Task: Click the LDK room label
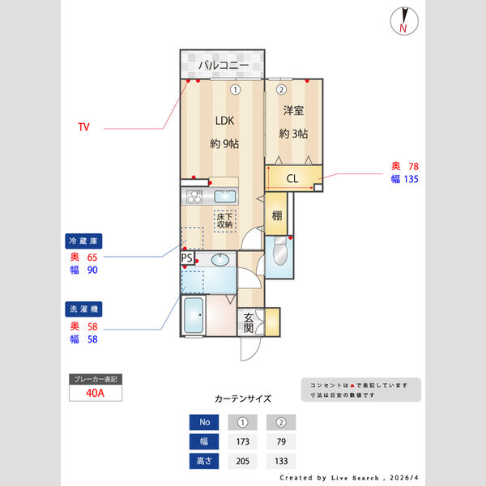[x=224, y=121]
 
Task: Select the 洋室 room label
[x=293, y=110]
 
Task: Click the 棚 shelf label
[x=277, y=215]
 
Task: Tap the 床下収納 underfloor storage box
[x=224, y=220]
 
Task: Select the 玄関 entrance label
[x=249, y=323]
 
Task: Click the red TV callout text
[x=83, y=127]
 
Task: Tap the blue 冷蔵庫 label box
[x=83, y=241]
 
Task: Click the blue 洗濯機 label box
[x=83, y=309]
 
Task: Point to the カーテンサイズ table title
[x=243, y=399]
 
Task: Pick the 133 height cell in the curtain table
[x=281, y=462]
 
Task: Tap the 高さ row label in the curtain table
[x=204, y=462]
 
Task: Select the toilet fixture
[x=279, y=252]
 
